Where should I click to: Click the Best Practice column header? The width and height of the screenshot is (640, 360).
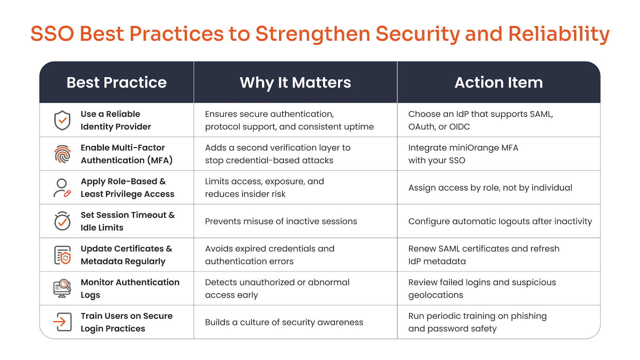tap(116, 82)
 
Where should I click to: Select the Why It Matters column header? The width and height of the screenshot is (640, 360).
tap(295, 82)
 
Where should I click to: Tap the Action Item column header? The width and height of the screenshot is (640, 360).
tap(499, 82)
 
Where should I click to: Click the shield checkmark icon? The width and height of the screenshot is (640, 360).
tap(62, 120)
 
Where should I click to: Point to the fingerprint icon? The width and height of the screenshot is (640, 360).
tap(62, 154)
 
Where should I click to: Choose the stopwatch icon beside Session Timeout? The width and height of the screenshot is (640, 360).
tap(62, 221)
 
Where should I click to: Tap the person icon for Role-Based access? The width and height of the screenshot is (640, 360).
tap(62, 188)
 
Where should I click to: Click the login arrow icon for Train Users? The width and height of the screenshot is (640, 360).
tap(62, 322)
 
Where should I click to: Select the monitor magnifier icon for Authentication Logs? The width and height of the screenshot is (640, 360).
tap(62, 289)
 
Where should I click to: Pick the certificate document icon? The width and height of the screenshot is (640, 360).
tap(62, 255)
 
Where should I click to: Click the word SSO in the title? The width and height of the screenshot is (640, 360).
tap(53, 34)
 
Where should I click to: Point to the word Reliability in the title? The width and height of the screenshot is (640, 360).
tap(559, 34)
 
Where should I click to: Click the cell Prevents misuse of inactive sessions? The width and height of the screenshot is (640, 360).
tap(281, 221)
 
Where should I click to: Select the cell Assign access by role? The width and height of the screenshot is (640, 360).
tap(490, 188)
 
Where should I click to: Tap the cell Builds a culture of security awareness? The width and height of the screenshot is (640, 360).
tap(284, 322)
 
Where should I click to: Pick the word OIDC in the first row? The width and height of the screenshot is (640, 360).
tap(460, 127)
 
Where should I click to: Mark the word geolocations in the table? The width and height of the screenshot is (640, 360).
tap(435, 295)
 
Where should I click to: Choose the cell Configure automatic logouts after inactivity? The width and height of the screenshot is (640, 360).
tap(500, 221)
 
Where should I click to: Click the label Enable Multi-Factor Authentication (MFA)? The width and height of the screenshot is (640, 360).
tap(126, 154)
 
